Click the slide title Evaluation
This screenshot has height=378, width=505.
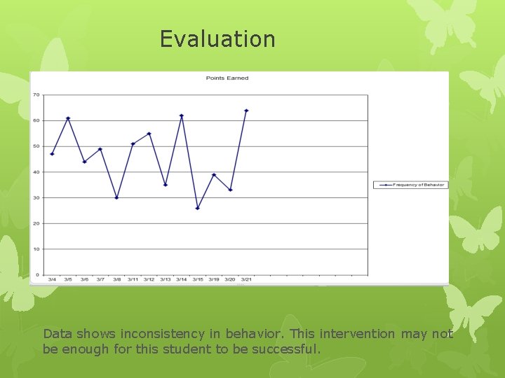click(x=217, y=38)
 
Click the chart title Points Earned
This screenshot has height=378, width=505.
click(x=227, y=78)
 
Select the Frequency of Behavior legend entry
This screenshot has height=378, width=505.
click(x=410, y=185)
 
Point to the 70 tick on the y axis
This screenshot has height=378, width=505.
click(x=36, y=94)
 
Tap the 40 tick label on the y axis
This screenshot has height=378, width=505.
click(x=36, y=172)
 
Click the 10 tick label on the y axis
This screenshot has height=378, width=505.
click(x=36, y=249)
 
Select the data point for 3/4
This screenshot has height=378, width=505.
click(x=52, y=154)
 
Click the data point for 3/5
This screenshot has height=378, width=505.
click(x=68, y=118)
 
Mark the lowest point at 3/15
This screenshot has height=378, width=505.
click(x=198, y=208)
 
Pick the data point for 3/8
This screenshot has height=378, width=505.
click(x=116, y=197)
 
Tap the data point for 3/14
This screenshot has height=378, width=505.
click(x=182, y=115)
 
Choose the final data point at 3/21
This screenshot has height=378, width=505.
click(x=246, y=110)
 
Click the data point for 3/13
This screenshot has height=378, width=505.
click(x=166, y=185)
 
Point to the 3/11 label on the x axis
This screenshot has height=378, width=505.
click(x=133, y=279)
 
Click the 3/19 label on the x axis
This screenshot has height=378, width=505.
click(x=214, y=279)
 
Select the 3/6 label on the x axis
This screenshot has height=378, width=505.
click(x=84, y=279)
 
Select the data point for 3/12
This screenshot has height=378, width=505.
click(x=149, y=133)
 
